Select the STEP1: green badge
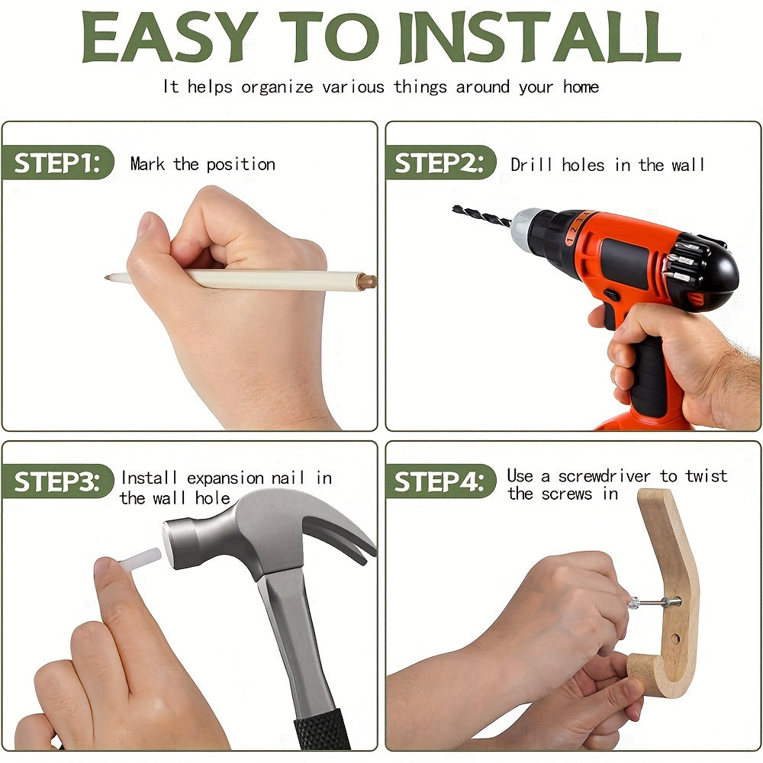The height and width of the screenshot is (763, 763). click(57, 163)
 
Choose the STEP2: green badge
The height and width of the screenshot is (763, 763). click(440, 163)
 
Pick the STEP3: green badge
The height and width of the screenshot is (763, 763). click(57, 481)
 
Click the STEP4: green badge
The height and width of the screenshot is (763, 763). click(440, 481)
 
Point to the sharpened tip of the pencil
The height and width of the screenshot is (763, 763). click(106, 278)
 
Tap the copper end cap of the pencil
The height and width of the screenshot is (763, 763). click(367, 282)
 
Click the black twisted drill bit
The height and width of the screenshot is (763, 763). click(481, 216)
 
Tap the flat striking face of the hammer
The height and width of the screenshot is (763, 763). click(170, 544)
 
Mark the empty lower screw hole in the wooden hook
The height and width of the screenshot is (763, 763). click(675, 639)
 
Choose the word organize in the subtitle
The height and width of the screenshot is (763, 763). click(277, 88)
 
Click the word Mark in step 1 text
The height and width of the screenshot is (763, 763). click(147, 164)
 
